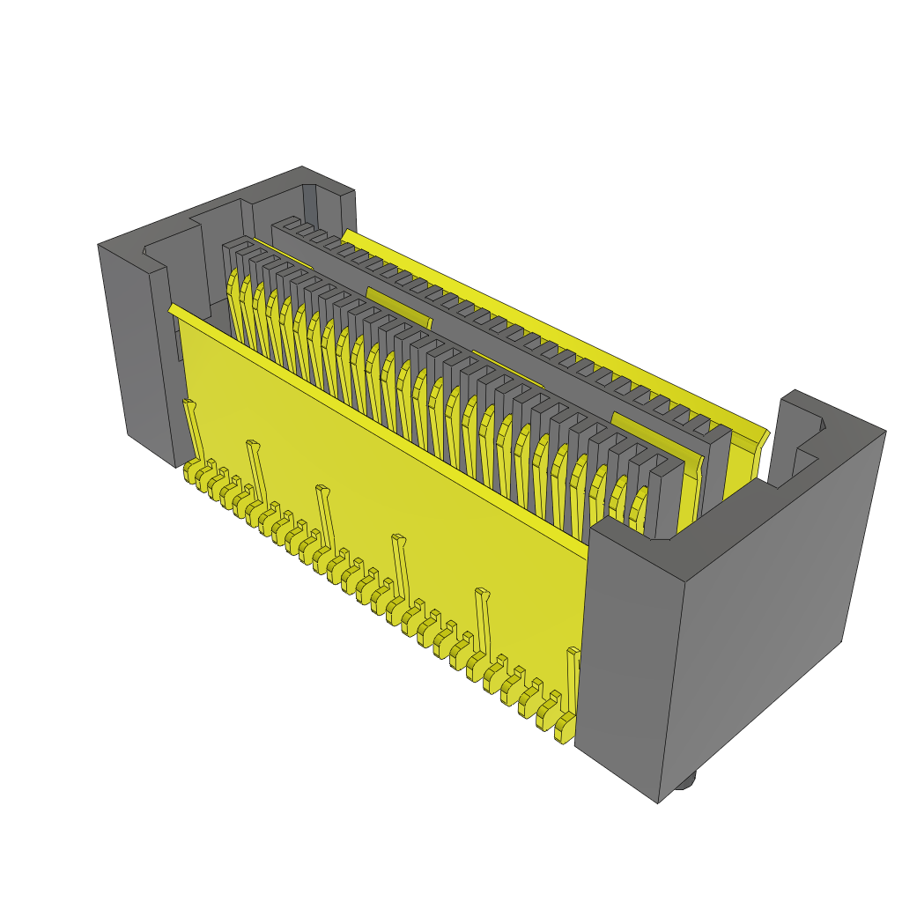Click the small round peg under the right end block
point(688,780)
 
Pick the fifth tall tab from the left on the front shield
point(483,617)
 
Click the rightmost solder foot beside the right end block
point(564,728)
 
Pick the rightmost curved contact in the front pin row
point(638,506)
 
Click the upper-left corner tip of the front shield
point(172,307)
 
